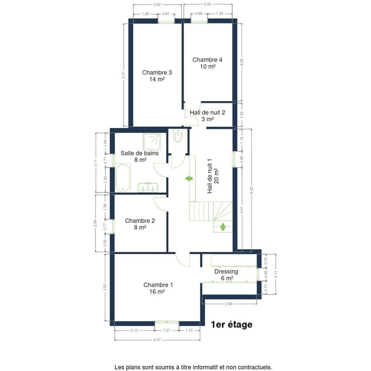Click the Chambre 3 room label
[x=157, y=76]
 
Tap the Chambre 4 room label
[x=207, y=63]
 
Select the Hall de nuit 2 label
[x=207, y=115]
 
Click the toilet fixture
[x=178, y=136]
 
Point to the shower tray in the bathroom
[x=152, y=141]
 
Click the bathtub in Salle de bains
[x=123, y=178]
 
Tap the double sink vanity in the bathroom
[x=147, y=187]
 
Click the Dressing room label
[x=226, y=275]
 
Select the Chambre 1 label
[x=158, y=288]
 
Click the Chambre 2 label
[x=140, y=224]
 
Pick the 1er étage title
[x=231, y=324]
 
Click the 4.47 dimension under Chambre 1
[x=157, y=340]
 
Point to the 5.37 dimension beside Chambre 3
[x=123, y=75]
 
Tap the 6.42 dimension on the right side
[x=251, y=190]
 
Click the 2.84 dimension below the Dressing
[x=229, y=304]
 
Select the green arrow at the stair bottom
[x=223, y=226]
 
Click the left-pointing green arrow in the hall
[x=189, y=179]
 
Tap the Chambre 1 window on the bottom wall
[x=167, y=322]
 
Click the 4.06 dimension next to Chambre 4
[x=241, y=62]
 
